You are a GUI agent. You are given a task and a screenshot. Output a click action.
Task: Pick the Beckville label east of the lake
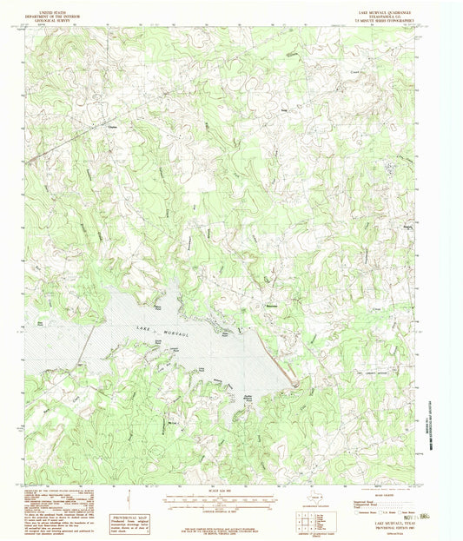click(x=271, y=305)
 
